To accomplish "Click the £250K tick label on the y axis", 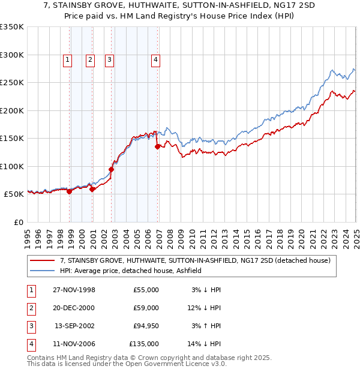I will pyautogui.click(x=12, y=83).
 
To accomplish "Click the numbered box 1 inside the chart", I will pyautogui.click(x=67, y=59).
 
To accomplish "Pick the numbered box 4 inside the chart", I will pyautogui.click(x=155, y=59).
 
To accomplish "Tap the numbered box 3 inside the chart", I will pyautogui.click(x=110, y=59).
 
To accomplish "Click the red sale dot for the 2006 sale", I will pyautogui.click(x=157, y=146).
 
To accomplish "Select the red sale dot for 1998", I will pyautogui.click(x=70, y=191).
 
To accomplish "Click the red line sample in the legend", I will pyautogui.click(x=42, y=261).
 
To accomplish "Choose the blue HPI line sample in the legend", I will pyautogui.click(x=42, y=271).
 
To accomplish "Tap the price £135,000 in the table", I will pyautogui.click(x=144, y=344).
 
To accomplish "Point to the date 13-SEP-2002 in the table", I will pyautogui.click(x=74, y=326).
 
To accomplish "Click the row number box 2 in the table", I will pyautogui.click(x=31, y=308).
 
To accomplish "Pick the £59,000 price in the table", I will pyautogui.click(x=146, y=308).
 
